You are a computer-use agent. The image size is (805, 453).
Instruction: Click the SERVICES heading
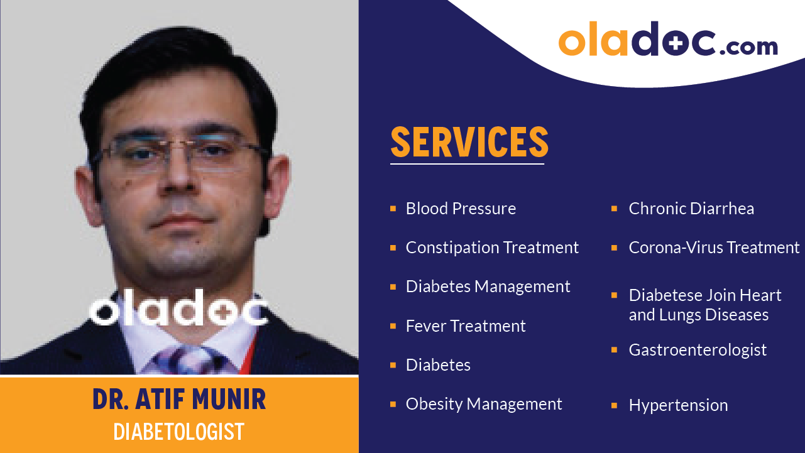pyautogui.click(x=469, y=142)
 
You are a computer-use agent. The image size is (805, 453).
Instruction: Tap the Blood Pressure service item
pyautogui.click(x=461, y=209)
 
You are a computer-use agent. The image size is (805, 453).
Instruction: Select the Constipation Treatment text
pyautogui.click(x=492, y=248)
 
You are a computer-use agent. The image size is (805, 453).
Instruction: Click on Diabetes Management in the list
pyautogui.click(x=488, y=287)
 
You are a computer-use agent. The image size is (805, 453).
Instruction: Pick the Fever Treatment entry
pyautogui.click(x=465, y=326)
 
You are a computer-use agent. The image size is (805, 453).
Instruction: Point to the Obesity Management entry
pyautogui.click(x=484, y=404)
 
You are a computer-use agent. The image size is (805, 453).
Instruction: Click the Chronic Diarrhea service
pyautogui.click(x=691, y=209)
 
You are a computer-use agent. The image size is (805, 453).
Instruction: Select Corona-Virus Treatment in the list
pyautogui.click(x=714, y=248)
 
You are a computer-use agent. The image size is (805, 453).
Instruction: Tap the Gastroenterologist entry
pyautogui.click(x=698, y=350)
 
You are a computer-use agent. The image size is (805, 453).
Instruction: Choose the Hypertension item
pyautogui.click(x=678, y=405)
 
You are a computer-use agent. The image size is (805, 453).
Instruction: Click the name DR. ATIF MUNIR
pyautogui.click(x=179, y=400)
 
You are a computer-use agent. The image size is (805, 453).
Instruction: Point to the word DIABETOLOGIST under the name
pyautogui.click(x=179, y=432)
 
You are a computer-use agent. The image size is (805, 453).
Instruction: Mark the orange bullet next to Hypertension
pyautogui.click(x=615, y=405)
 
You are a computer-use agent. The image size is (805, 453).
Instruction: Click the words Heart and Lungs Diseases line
pyautogui.click(x=698, y=315)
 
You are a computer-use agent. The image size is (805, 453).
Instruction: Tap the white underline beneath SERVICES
pyautogui.click(x=467, y=164)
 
